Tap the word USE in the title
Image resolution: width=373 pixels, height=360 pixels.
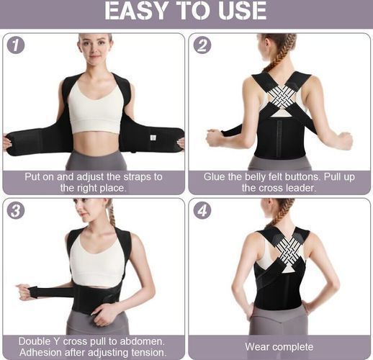click(242, 11)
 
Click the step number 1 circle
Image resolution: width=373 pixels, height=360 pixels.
click(16, 45)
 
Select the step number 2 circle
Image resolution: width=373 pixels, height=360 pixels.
click(202, 45)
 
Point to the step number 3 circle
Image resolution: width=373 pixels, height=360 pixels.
click(16, 210)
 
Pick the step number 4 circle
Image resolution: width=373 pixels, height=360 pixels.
click(202, 210)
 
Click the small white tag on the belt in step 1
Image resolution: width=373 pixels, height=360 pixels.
click(153, 138)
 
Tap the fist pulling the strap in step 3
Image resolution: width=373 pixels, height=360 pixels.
click(24, 292)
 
